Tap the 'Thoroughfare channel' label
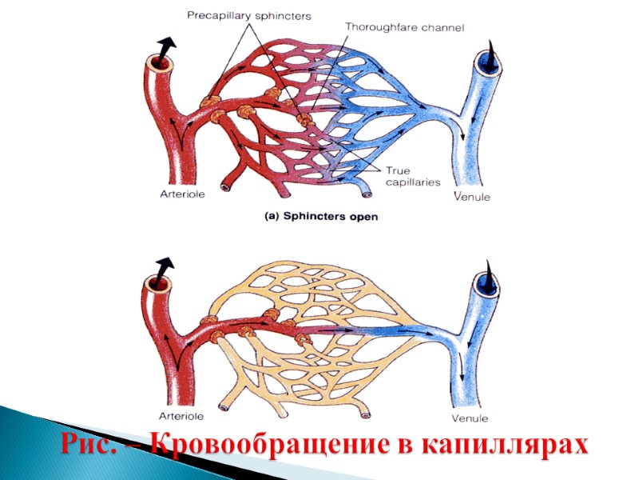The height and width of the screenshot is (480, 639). tap(404, 26)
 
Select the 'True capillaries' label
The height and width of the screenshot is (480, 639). tap(413, 176)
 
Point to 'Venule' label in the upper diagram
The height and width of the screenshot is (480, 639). tap(471, 196)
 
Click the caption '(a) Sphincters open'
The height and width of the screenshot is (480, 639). tap(321, 216)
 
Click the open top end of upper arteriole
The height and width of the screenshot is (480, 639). tap(156, 62)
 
